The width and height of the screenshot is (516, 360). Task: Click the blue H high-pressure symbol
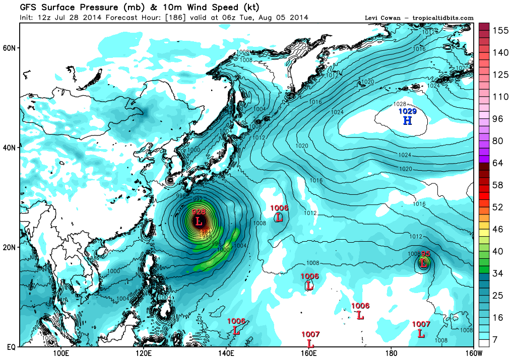click(x=407, y=120)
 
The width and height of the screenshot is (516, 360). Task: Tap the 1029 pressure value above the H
click(x=407, y=111)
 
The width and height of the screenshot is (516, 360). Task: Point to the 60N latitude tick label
click(x=10, y=48)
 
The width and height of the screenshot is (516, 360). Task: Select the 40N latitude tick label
click(x=10, y=148)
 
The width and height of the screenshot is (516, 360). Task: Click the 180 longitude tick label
click(x=391, y=353)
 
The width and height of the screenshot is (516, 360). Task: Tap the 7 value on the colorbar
click(x=496, y=340)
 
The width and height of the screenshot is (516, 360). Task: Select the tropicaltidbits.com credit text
click(x=443, y=18)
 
